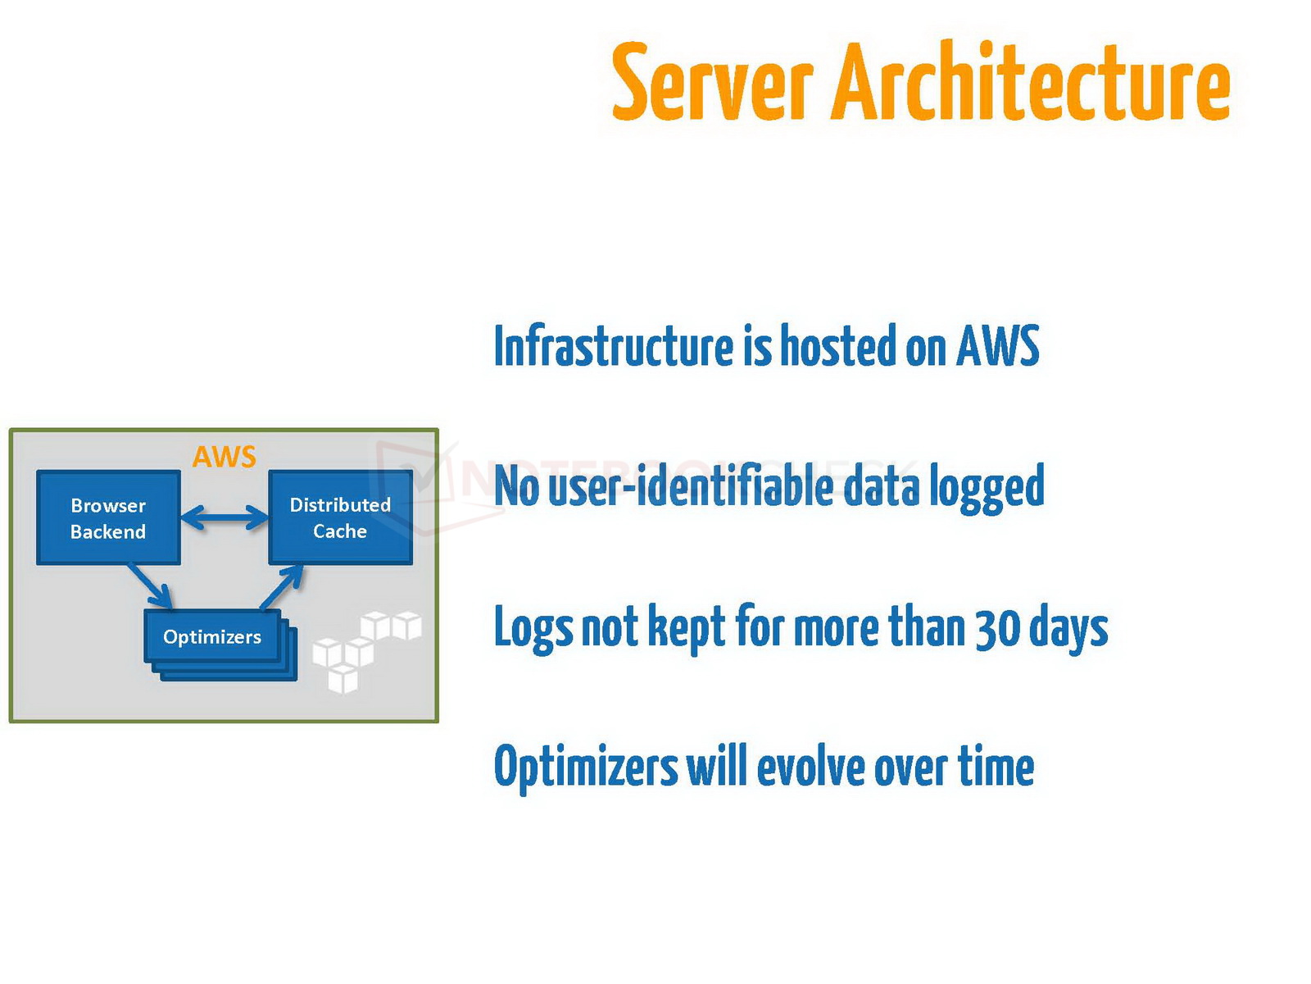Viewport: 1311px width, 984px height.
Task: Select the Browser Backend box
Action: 108,517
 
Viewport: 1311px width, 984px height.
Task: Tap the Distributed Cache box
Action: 340,517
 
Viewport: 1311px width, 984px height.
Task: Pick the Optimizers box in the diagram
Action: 212,636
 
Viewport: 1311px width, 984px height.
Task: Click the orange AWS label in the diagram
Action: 224,457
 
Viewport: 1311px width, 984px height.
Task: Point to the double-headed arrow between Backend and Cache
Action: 224,517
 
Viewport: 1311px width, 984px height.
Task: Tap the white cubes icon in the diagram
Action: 365,648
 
